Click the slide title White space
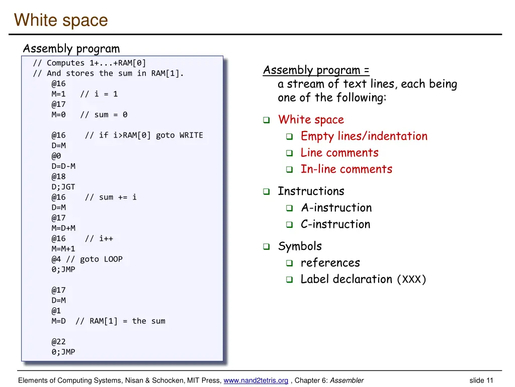click(61, 20)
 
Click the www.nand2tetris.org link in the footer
click(255, 380)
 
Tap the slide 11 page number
click(481, 380)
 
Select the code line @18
click(58, 176)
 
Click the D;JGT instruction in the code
click(63, 186)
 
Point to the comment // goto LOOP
click(94, 259)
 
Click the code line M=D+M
click(63, 228)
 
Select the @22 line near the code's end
click(58, 341)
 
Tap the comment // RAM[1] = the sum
click(120, 321)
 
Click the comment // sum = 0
click(104, 114)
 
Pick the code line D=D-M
click(63, 166)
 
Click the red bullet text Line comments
click(339, 153)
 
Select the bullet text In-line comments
click(346, 169)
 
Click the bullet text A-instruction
click(336, 208)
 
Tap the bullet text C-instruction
click(335, 224)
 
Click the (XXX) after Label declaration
click(411, 280)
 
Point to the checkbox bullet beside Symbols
click(267, 247)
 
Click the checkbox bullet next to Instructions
click(267, 192)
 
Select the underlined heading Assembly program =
click(316, 70)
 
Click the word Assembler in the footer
click(347, 380)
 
